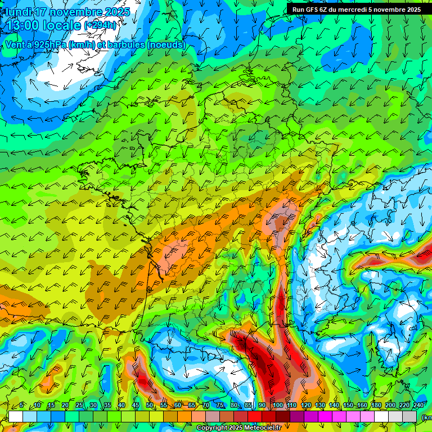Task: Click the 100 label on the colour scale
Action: [278, 406]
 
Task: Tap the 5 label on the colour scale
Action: [22, 406]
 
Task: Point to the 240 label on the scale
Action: [418, 406]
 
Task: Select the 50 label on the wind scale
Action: [150, 406]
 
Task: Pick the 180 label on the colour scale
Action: [376, 406]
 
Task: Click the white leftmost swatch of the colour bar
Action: [15, 416]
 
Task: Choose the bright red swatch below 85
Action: [255, 416]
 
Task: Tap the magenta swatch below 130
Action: [325, 416]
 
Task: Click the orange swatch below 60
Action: [184, 416]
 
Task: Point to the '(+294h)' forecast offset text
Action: [100, 25]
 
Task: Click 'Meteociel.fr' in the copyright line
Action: [260, 428]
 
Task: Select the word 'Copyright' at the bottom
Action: [211, 428]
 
